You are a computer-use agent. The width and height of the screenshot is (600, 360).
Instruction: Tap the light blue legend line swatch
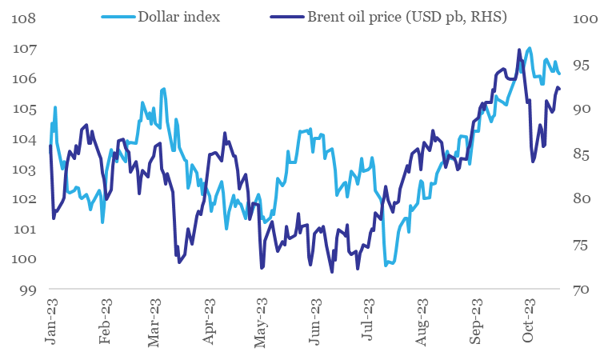coord(118,16)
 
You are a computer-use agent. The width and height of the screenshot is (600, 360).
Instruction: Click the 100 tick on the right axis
coord(581,18)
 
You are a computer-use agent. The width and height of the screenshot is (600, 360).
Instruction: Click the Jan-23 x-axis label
coord(52,324)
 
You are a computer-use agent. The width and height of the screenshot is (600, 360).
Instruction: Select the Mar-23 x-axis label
coord(157,324)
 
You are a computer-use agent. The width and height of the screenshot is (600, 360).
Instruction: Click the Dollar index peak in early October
coord(529,48)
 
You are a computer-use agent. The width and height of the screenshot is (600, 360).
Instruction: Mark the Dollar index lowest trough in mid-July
coord(386,264)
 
